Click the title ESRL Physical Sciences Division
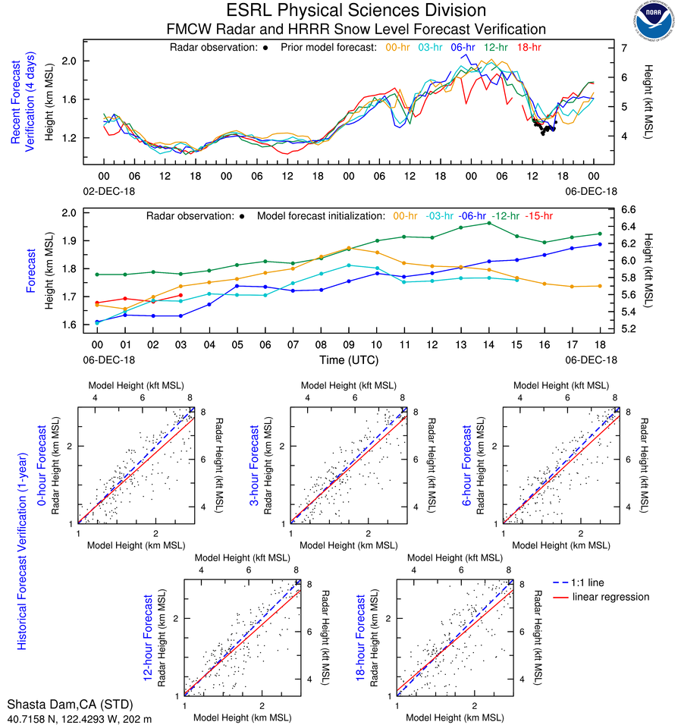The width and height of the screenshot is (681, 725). coord(356,11)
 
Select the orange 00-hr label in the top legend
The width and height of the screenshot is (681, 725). coord(399,47)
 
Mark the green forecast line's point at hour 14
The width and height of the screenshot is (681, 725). coord(489,223)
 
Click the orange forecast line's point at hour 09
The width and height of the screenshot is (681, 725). coord(348,248)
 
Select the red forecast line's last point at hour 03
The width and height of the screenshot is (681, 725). coord(180,295)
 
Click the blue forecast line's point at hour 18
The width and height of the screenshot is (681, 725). coord(600,244)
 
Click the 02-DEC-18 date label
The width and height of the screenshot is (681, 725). coord(104,191)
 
